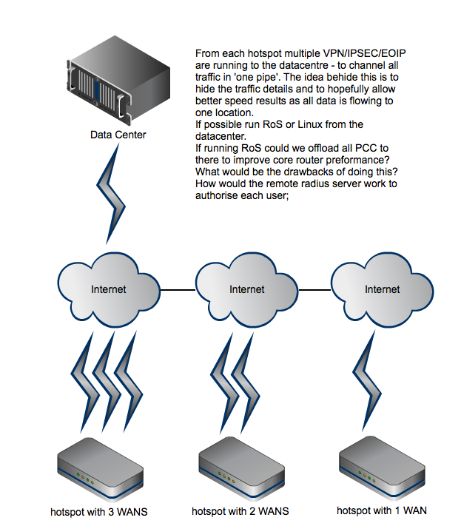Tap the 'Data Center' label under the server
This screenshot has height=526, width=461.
[x=118, y=135]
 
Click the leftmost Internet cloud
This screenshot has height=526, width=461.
[x=108, y=288]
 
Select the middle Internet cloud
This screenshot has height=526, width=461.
[x=246, y=288]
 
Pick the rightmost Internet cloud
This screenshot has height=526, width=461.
[x=382, y=288]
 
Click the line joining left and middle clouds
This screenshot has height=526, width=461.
[x=177, y=289]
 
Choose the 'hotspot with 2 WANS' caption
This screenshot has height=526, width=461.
[x=240, y=511]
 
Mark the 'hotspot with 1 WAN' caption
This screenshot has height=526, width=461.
[x=381, y=510]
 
